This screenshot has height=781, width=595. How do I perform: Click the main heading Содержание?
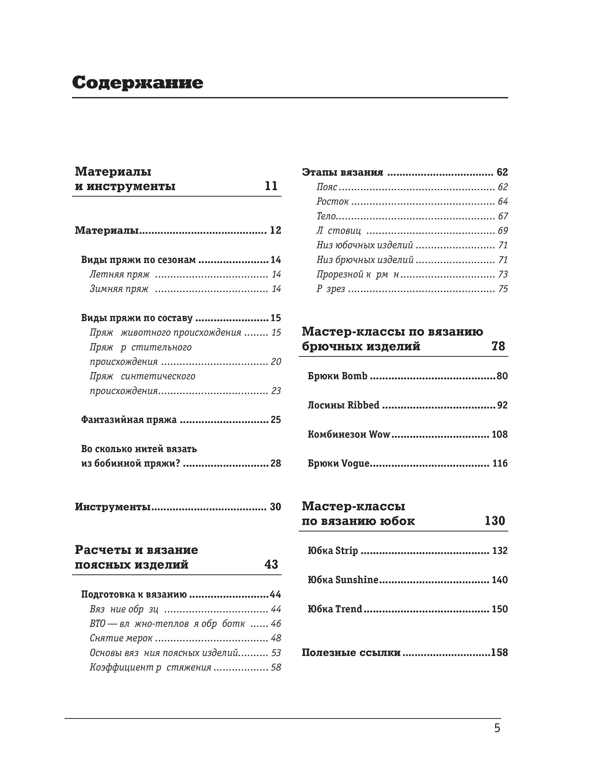pos(138,83)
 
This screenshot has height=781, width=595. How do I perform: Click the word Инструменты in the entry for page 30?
pos(113,507)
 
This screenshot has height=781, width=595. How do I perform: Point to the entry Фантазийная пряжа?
pos(129,420)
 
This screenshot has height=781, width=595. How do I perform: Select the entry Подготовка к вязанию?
pos(134,594)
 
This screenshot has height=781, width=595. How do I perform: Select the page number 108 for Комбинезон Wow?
pos(499,434)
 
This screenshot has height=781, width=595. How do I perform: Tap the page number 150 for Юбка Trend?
pos(499,609)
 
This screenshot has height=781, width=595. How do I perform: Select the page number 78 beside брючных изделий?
pos(498,346)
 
